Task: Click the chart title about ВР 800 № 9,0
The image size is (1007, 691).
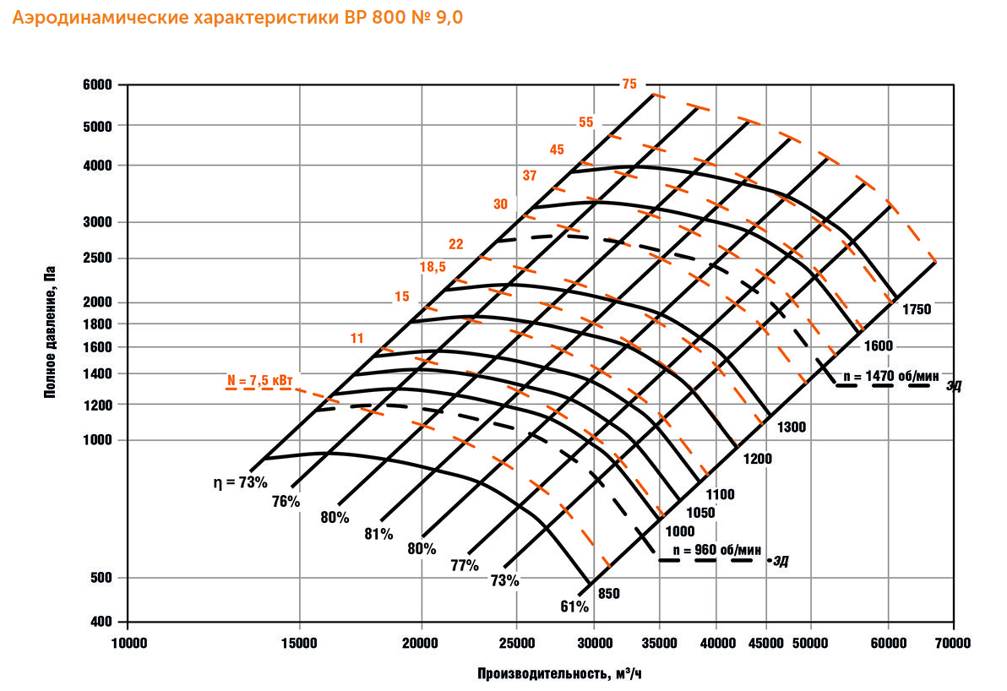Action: pyautogui.click(x=237, y=18)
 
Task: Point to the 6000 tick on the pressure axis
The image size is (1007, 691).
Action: pyautogui.click(x=100, y=85)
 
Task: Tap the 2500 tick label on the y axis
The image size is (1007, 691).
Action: pyautogui.click(x=100, y=258)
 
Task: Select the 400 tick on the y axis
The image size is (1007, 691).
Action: pyautogui.click(x=104, y=622)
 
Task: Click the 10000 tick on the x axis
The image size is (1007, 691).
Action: pyautogui.click(x=128, y=644)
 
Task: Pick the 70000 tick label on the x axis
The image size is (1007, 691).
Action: pyautogui.click(x=953, y=644)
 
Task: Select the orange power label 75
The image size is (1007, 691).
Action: pyautogui.click(x=629, y=84)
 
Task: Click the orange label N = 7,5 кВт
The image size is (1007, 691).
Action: pyautogui.click(x=264, y=380)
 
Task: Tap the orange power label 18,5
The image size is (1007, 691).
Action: pyautogui.click(x=433, y=268)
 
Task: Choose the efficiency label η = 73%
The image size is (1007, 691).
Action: pyautogui.click(x=241, y=483)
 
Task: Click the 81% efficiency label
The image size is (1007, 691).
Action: pyautogui.click(x=379, y=534)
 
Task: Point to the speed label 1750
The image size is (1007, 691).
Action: pyautogui.click(x=916, y=309)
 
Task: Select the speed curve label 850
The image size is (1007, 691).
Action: pyautogui.click(x=608, y=594)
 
